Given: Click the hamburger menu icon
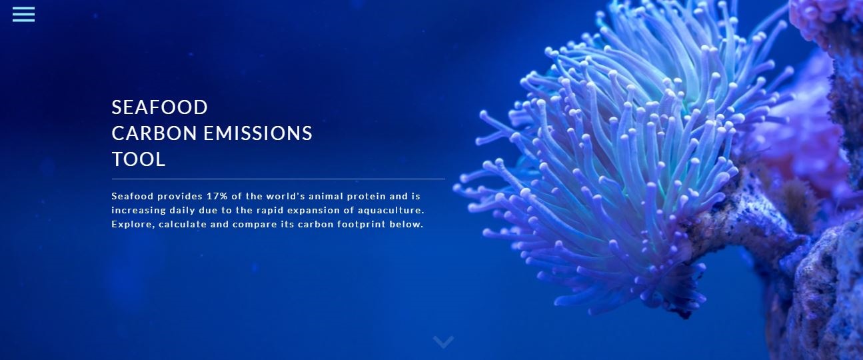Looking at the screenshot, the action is click(x=23, y=14).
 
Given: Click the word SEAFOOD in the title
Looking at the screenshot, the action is click(x=159, y=107).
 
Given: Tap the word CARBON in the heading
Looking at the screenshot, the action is click(x=154, y=133).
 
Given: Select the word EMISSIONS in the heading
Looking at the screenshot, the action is click(x=258, y=133).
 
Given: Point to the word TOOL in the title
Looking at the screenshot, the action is click(x=139, y=159).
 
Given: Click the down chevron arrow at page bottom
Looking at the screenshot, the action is click(x=443, y=342).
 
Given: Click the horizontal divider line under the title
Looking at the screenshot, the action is click(x=278, y=179).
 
